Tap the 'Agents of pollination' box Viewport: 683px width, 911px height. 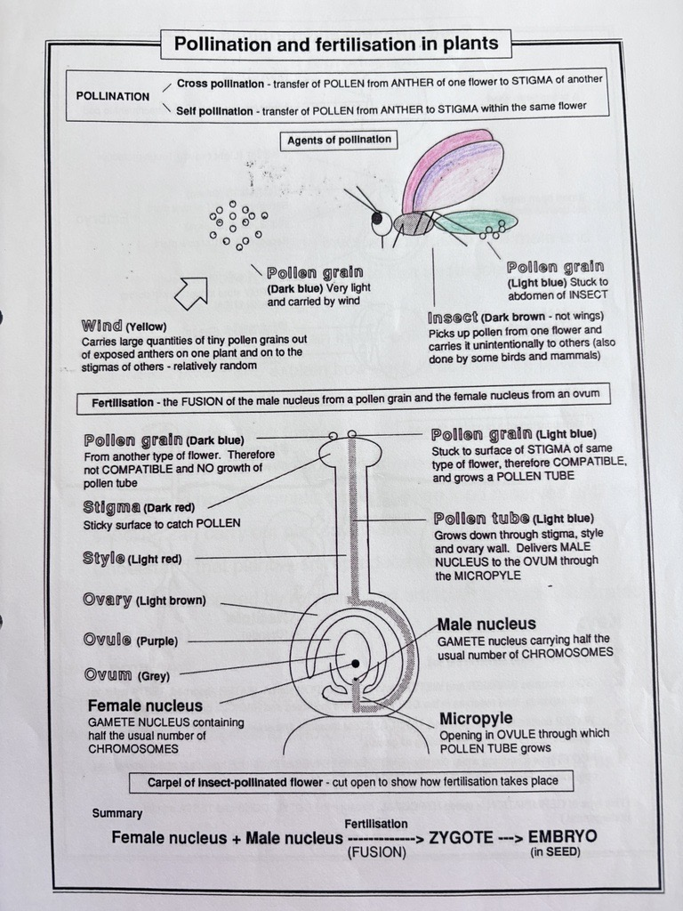coord(339,141)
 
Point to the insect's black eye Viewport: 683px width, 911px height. coord(377,218)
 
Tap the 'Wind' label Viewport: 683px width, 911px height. coord(101,326)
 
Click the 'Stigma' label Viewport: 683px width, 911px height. coord(109,507)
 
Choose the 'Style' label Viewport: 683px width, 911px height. coord(103,559)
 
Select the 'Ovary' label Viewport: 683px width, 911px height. coord(108,600)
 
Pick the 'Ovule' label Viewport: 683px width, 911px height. coord(107,640)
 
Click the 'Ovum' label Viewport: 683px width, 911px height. coord(108,675)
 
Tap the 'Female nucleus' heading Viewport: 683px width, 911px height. coord(144,705)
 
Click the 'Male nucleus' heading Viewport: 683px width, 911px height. coord(486,625)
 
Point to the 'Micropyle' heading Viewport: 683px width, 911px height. coord(476,718)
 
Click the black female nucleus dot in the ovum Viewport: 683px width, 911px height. coord(355,664)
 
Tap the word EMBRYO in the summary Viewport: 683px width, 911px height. coord(562,837)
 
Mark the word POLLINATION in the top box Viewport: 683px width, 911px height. coord(113,96)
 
